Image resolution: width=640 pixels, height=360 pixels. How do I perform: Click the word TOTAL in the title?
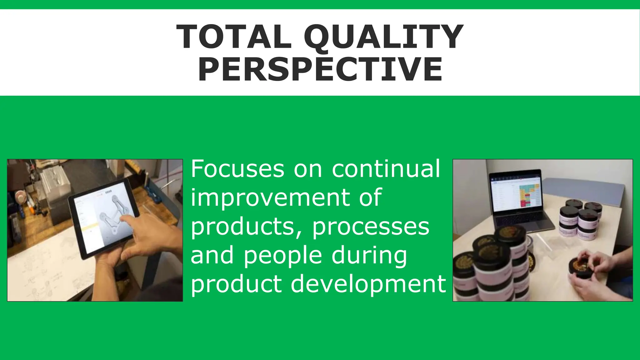[x=234, y=37]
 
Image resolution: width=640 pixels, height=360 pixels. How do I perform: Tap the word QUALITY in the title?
[x=384, y=37]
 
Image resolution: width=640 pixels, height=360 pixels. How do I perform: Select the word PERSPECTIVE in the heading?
[x=320, y=69]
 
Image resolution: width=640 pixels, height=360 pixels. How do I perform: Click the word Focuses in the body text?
[x=237, y=169]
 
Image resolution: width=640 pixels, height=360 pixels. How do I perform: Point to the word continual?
[x=386, y=169]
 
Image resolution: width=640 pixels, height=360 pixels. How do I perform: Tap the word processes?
[x=371, y=227]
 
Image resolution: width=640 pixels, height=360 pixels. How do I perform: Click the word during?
[x=369, y=256]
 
